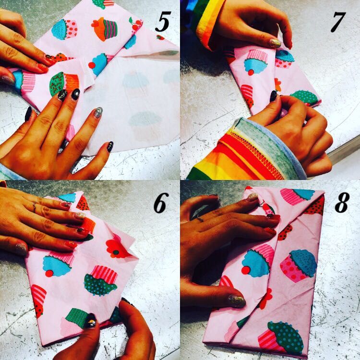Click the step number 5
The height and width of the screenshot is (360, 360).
point(163,22)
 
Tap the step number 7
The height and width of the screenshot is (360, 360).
point(338,22)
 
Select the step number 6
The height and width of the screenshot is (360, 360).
point(161,203)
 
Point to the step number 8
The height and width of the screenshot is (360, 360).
point(342,202)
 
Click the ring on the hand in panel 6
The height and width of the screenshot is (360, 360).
point(35,206)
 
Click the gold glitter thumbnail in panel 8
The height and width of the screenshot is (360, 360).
point(237,301)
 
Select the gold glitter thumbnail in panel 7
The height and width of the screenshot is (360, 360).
point(275,43)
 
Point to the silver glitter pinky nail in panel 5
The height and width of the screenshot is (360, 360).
point(98,112)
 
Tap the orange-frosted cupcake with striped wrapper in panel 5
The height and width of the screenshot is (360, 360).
point(105,29)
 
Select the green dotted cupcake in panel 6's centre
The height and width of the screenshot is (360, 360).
point(101,281)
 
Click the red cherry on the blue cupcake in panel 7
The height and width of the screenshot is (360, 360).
point(251,72)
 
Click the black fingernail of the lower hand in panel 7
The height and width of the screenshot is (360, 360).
point(274,96)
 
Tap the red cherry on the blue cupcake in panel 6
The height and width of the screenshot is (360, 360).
point(49,273)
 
